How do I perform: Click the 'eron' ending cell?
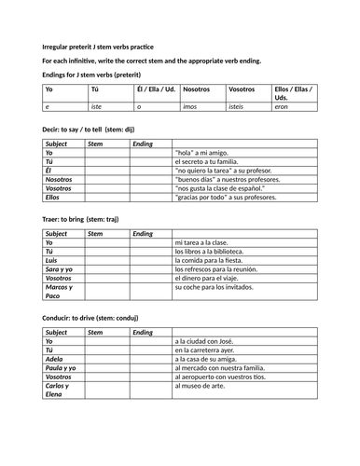[281, 107]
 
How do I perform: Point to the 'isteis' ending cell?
[239, 107]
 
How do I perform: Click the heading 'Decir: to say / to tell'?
[82, 131]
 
